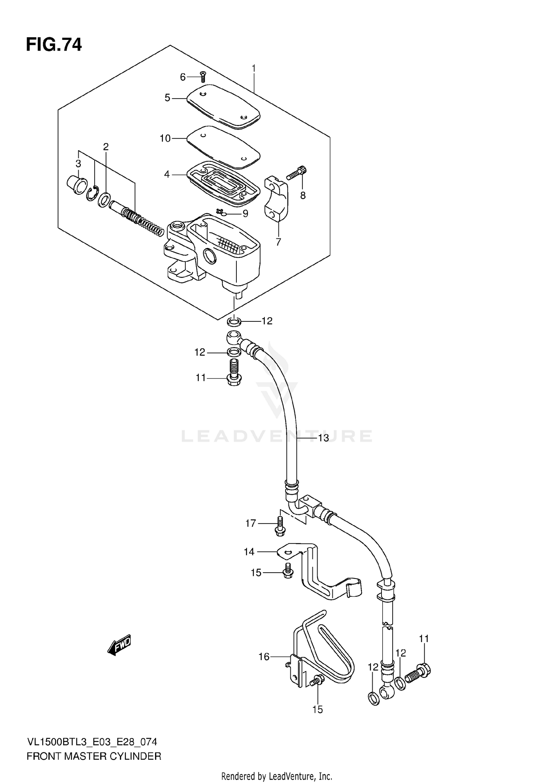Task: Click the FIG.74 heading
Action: coord(54,45)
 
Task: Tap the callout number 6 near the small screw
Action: coord(183,77)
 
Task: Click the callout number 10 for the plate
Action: coord(165,138)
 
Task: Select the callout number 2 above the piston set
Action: coord(106,147)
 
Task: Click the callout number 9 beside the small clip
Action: coord(245,214)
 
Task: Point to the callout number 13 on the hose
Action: coord(323,438)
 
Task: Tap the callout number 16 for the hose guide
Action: coord(264,656)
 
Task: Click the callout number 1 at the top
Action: coord(254,68)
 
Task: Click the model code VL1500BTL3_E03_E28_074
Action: coord(92,742)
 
